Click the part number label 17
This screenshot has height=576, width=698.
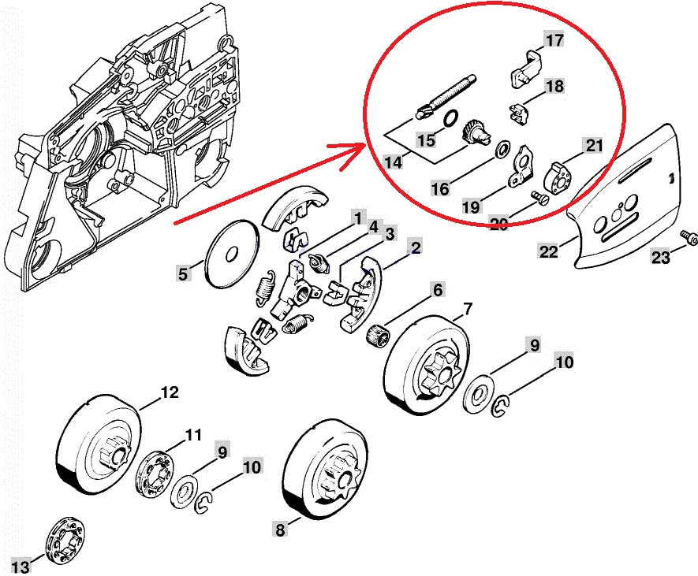554,39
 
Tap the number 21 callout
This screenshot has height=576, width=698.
593,145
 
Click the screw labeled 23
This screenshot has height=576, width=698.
689,236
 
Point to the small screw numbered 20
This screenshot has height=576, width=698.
539,198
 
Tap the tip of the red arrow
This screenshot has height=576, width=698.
365,146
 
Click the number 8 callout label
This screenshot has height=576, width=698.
279,530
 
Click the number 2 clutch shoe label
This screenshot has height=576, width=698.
414,248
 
